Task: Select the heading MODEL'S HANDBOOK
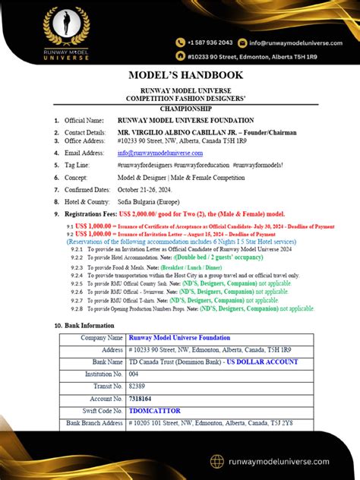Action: pyautogui.click(x=180, y=75)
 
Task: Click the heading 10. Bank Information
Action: pyautogui.click(x=84, y=324)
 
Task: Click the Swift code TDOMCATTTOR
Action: pyautogui.click(x=154, y=410)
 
